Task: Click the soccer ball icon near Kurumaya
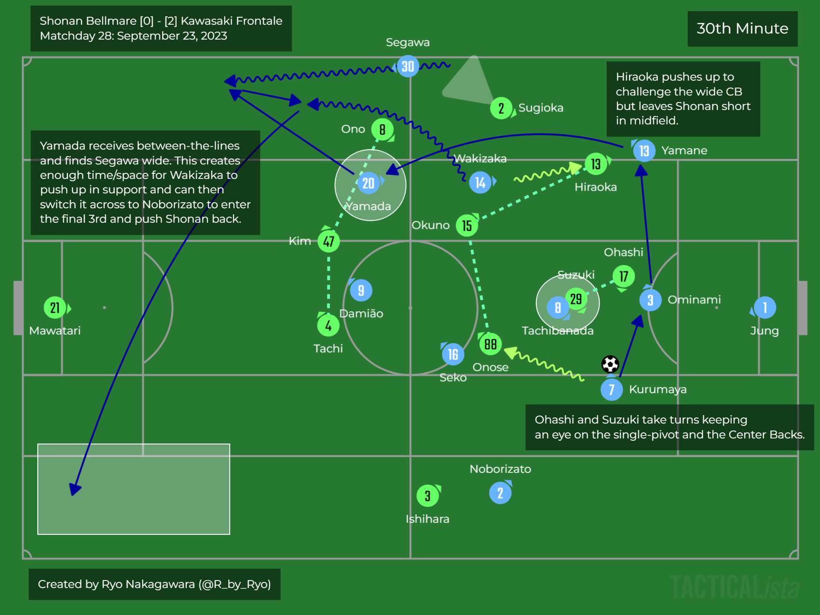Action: [610, 364]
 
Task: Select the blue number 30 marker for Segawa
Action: [408, 67]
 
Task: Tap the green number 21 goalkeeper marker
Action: [55, 308]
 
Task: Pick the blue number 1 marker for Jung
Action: [765, 308]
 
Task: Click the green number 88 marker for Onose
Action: [490, 344]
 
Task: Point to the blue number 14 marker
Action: [480, 183]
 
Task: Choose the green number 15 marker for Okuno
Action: [467, 226]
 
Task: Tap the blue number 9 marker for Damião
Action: [361, 291]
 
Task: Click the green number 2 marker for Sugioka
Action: [501, 109]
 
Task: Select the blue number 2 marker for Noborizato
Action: [500, 493]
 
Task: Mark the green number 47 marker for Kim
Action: [328, 241]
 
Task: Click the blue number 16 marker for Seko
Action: [453, 355]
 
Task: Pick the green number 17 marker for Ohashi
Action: [623, 277]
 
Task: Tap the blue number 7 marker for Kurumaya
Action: [612, 390]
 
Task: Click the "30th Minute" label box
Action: [742, 29]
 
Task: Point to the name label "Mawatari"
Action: [55, 331]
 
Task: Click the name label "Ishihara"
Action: [427, 519]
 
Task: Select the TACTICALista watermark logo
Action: [734, 587]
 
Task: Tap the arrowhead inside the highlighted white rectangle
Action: [75, 489]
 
